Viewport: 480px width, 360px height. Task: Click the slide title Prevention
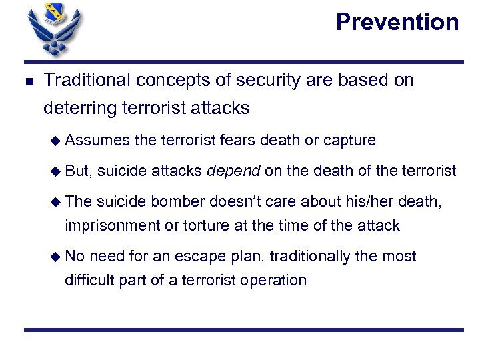click(397, 22)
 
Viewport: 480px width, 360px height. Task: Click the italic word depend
click(233, 171)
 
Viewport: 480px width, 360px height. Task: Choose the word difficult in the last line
click(89, 279)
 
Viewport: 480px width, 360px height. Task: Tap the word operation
click(275, 279)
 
